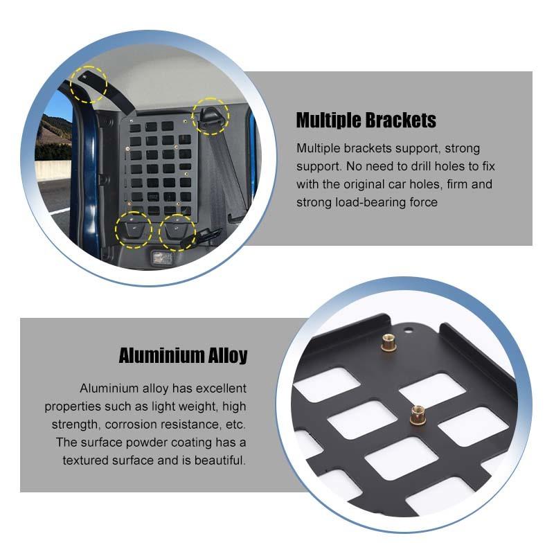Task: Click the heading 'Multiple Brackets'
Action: (366, 120)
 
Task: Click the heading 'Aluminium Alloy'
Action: (183, 355)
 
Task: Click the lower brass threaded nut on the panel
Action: (418, 415)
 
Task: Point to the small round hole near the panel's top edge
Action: (409, 331)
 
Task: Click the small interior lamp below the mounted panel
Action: (162, 258)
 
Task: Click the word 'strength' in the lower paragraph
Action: (74, 424)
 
